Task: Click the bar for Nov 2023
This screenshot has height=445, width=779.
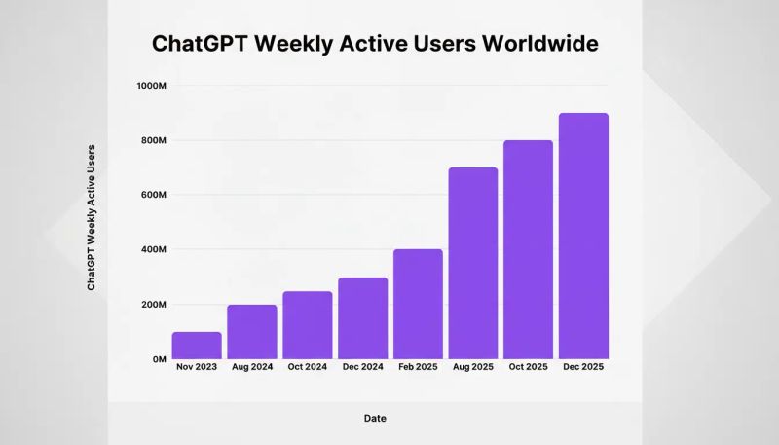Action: pos(197,346)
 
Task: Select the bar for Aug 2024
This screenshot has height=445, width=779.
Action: pos(252,332)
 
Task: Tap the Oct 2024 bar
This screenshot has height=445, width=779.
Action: pos(308,325)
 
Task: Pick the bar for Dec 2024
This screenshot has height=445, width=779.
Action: pos(362,318)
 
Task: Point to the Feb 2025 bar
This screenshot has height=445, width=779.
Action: pos(418,304)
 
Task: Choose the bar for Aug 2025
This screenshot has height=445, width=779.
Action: pos(473,263)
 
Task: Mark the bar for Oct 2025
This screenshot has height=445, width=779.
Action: pos(528,249)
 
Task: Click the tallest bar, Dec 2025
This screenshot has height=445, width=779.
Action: pos(583,236)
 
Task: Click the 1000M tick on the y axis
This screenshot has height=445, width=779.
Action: pos(152,86)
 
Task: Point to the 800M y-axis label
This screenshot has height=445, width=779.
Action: pos(154,140)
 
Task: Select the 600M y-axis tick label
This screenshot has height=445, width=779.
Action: pos(154,195)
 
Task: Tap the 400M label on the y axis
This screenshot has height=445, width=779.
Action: pos(154,250)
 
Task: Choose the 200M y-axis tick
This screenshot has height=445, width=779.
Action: pos(154,305)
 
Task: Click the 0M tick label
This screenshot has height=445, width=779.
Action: pos(159,359)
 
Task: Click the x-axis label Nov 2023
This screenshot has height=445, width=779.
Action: pos(197,367)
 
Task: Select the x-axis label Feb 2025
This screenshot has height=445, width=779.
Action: pos(418,367)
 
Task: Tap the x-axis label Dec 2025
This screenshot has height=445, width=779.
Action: pos(583,367)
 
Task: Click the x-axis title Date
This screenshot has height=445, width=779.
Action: pos(375,418)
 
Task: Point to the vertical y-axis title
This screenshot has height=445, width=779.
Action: pos(92,217)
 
